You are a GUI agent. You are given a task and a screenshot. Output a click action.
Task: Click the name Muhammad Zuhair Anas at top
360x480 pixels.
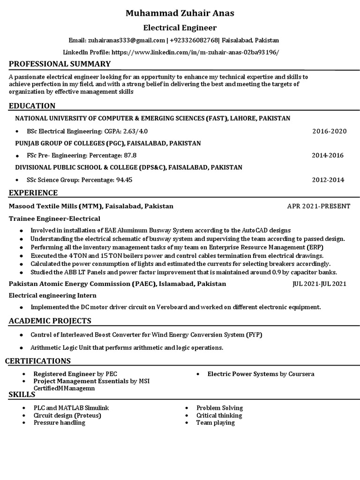[180, 13]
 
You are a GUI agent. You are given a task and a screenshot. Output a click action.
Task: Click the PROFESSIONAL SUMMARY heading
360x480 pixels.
[60, 64]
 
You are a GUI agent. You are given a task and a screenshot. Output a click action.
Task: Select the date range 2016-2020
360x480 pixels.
[329, 131]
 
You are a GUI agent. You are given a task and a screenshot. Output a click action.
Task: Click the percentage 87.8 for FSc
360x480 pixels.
[130, 155]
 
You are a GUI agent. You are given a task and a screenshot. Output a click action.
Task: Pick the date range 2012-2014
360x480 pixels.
[328, 180]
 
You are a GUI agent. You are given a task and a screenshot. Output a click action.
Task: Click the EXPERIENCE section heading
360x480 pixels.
[33, 193]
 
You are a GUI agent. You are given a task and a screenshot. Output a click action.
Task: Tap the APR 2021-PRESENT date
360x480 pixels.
[318, 206]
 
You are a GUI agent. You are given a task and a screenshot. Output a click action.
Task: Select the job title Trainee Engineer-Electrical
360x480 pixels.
[54, 218]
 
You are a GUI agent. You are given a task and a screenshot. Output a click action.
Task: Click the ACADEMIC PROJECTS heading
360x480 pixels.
[50, 321]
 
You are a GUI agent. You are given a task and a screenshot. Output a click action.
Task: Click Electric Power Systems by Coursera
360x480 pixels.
[261, 374]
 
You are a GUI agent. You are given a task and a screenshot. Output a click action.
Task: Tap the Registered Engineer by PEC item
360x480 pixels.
[75, 374]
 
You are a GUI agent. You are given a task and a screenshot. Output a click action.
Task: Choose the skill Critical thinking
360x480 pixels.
[219, 415]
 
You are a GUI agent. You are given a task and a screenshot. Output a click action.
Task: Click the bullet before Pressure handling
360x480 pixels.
[24, 423]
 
